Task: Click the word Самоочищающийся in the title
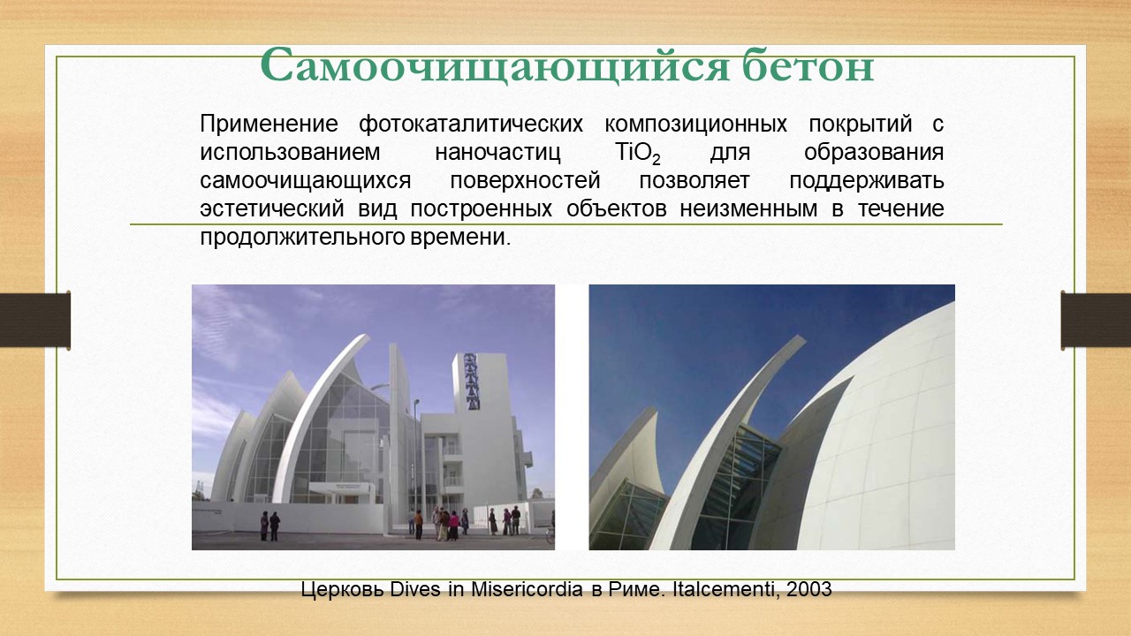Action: pos(495,65)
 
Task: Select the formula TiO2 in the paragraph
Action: pos(638,153)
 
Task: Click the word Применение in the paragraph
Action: pos(269,125)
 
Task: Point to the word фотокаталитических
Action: pos(471,125)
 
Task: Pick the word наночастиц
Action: pos(497,153)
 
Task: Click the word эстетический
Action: pos(272,209)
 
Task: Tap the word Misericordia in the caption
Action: pos(528,589)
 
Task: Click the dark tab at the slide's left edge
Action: pos(34,320)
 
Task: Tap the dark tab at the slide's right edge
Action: pos(1096,320)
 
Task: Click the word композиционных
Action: pos(695,125)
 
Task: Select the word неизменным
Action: pos(748,209)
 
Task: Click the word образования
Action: pos(874,153)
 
